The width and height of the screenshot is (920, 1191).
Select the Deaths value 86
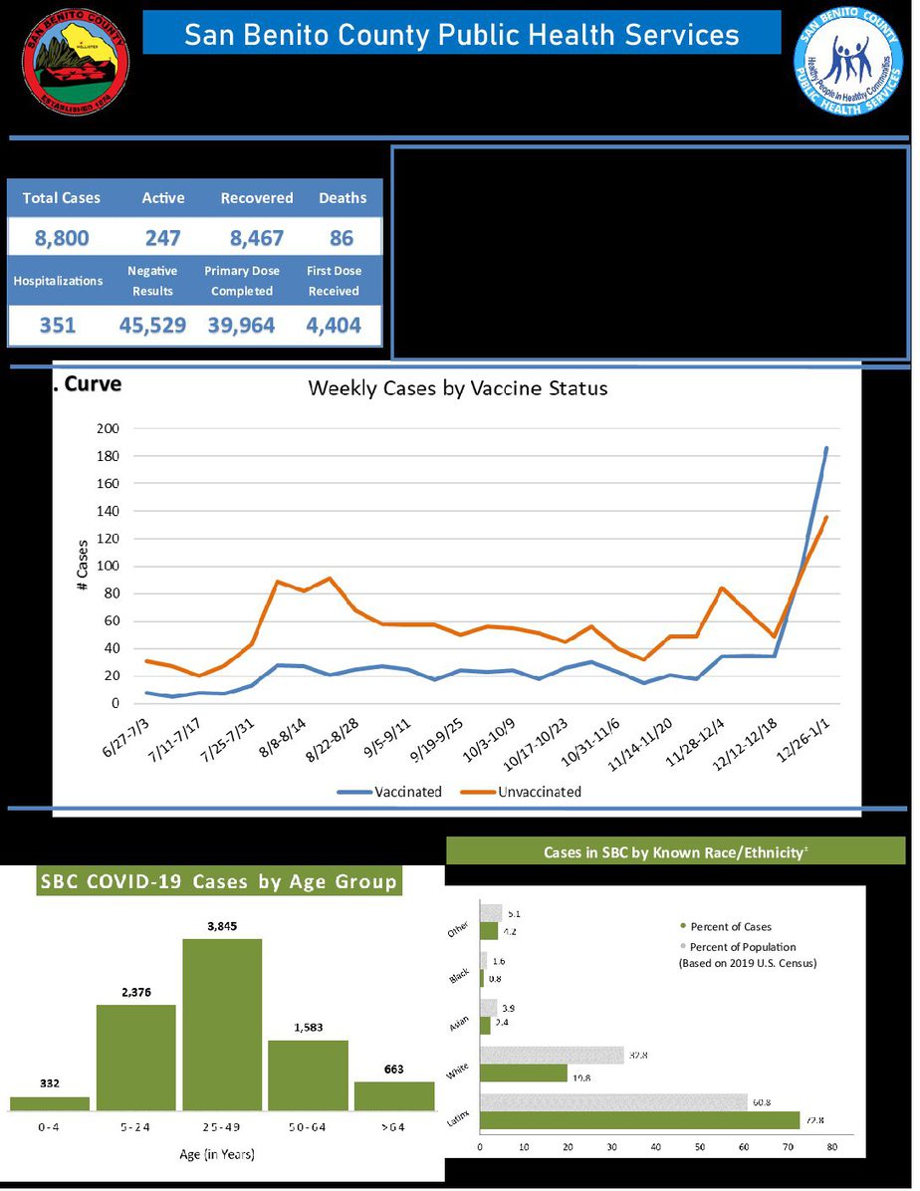click(x=342, y=238)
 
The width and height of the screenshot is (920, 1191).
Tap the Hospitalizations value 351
click(x=57, y=326)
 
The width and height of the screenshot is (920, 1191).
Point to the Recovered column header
click(x=257, y=198)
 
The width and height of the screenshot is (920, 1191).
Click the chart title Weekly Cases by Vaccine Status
click(x=457, y=388)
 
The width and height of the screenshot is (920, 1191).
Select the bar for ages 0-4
click(x=50, y=1103)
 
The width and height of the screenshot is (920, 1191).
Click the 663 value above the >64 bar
click(x=395, y=1070)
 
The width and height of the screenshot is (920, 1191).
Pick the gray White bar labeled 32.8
click(x=552, y=1056)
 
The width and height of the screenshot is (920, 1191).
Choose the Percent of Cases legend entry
click(x=730, y=927)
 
